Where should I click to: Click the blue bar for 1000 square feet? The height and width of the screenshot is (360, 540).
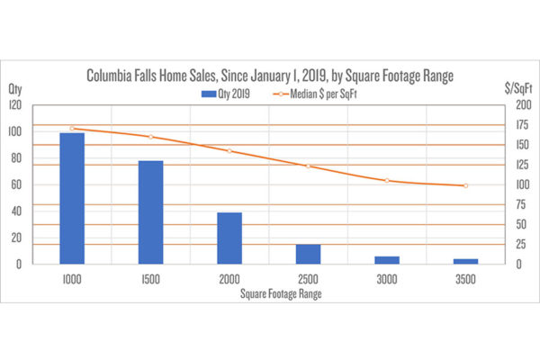point(72,198)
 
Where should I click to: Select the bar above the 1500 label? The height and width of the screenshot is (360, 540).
point(150,212)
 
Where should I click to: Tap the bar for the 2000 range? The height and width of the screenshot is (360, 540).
point(229,238)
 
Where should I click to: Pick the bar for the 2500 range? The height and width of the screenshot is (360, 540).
point(308,254)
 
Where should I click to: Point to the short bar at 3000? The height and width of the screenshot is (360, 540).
point(387,260)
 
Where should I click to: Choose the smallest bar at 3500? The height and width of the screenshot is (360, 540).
point(465,261)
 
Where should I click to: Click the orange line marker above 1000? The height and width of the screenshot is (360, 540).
point(72,128)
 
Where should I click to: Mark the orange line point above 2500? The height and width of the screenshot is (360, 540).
point(308,166)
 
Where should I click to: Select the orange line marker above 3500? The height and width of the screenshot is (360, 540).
point(465,185)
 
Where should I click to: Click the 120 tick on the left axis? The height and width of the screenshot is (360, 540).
point(16,105)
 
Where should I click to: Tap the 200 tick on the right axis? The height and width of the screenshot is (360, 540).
point(513,105)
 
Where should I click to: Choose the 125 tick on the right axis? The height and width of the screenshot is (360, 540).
point(513,165)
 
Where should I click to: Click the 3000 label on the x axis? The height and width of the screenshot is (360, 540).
point(387,280)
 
